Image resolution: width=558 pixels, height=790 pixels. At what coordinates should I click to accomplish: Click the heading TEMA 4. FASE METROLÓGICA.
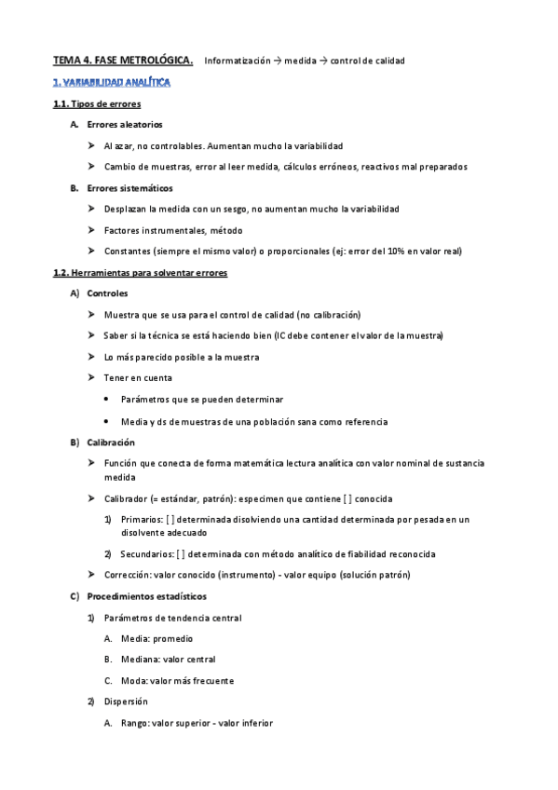pos(123,61)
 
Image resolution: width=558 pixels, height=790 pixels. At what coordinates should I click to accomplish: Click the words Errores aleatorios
pos(124,124)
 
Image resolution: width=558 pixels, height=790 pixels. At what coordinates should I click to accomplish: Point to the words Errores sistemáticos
pos(129,188)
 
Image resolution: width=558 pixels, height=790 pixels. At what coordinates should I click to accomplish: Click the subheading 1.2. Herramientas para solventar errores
pos(141,272)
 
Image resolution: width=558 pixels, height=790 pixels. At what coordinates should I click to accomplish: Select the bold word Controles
pos(107,293)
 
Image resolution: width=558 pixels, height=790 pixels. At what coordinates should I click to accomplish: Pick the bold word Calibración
pos(111,442)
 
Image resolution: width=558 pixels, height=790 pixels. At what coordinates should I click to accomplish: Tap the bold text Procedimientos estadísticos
pos(146,595)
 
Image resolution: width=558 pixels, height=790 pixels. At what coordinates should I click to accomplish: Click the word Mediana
pos(139,659)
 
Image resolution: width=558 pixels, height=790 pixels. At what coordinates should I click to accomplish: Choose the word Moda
pos(133,680)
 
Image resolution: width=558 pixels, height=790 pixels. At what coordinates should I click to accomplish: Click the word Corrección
pos(128,574)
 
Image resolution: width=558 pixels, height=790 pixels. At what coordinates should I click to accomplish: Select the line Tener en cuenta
pos(138,377)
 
